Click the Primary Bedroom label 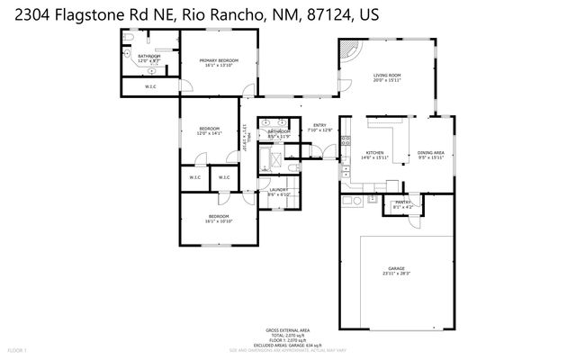[219, 62]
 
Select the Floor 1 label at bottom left [17, 349]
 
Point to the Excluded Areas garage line [286, 344]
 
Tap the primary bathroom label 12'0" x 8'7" [148, 59]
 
